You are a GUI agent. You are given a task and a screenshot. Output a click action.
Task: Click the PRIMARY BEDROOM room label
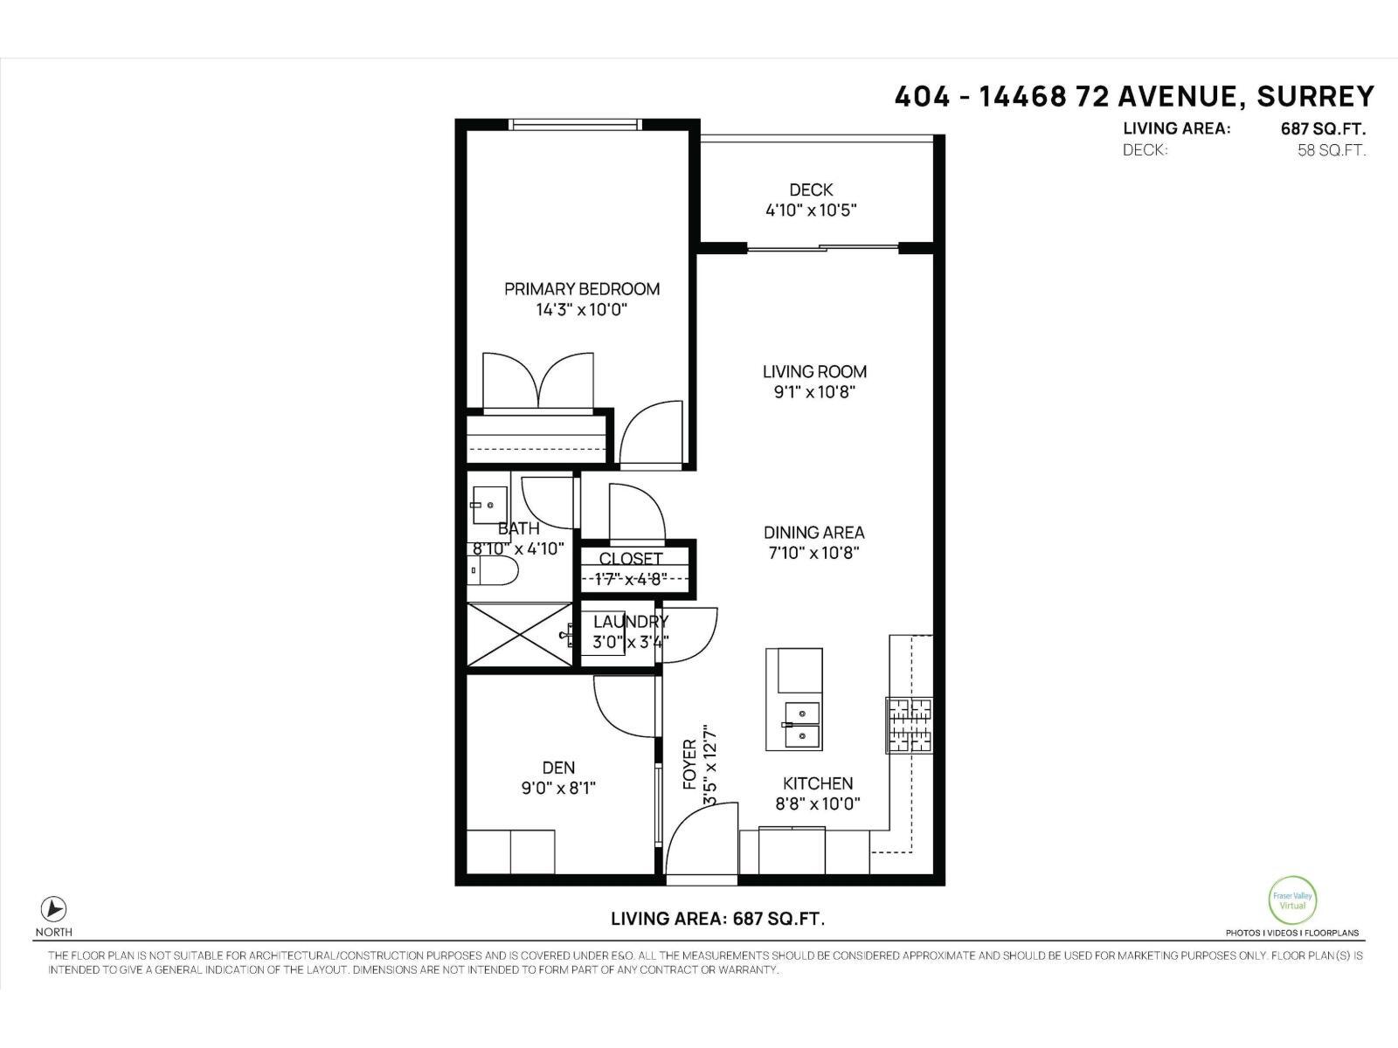(x=582, y=289)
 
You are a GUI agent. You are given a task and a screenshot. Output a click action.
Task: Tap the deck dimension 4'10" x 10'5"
(x=811, y=210)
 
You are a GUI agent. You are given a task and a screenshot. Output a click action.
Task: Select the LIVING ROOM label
(x=814, y=372)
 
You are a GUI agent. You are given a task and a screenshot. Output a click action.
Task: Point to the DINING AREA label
(x=814, y=533)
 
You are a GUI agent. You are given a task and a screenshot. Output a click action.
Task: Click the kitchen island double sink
(x=802, y=725)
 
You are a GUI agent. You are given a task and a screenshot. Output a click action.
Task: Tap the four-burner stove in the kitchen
(x=910, y=725)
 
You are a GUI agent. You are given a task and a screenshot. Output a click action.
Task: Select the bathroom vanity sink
(x=489, y=505)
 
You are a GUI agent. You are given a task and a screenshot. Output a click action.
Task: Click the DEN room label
(x=558, y=768)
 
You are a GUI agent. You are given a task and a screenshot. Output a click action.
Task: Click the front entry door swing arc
(x=699, y=838)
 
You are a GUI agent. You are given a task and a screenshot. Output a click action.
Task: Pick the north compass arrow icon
(x=54, y=908)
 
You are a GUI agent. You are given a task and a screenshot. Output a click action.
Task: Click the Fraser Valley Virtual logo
(x=1292, y=900)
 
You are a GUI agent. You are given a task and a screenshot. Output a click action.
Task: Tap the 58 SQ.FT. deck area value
(x=1332, y=150)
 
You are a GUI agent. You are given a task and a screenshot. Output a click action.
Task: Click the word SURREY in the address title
(x=1316, y=96)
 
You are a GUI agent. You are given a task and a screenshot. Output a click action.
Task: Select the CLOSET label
(x=631, y=558)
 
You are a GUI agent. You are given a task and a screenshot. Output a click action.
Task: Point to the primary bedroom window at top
(x=577, y=125)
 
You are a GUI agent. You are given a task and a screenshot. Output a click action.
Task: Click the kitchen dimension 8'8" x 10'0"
(x=818, y=803)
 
